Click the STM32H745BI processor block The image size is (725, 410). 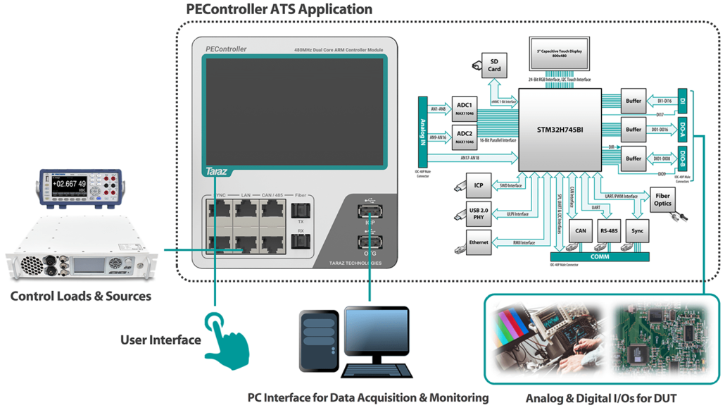pyautogui.click(x=560, y=129)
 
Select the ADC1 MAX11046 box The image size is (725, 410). pyautogui.click(x=464, y=108)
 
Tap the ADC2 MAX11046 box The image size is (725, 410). pyautogui.click(x=464, y=136)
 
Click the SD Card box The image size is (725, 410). pyautogui.click(x=494, y=65)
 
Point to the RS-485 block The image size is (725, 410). pyautogui.click(x=609, y=230)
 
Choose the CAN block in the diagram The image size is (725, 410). pyautogui.click(x=581, y=230)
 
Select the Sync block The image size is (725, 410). pyautogui.click(x=637, y=230)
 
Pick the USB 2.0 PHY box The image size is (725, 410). pyautogui.click(x=479, y=213)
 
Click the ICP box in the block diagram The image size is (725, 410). pyautogui.click(x=479, y=186)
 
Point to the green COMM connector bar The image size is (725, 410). pyautogui.click(x=600, y=257)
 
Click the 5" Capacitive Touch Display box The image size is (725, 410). pyautogui.click(x=560, y=54)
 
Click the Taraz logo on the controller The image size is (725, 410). pyautogui.click(x=214, y=171)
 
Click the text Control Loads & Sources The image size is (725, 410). pyautogui.click(x=80, y=296)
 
